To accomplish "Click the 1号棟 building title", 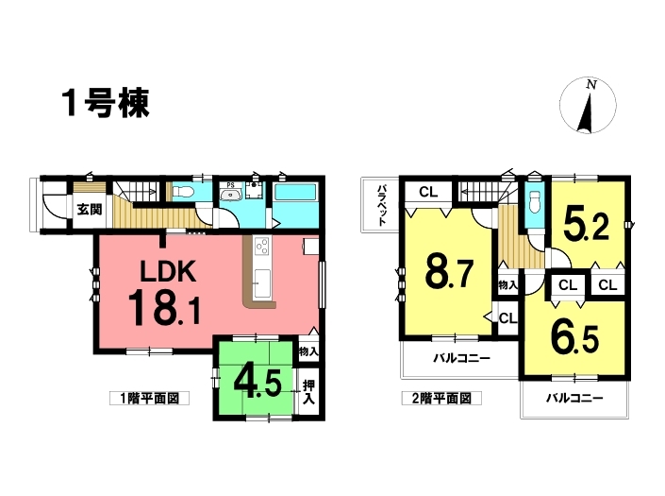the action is click(x=106, y=103).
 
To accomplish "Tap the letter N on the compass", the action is click(x=591, y=85).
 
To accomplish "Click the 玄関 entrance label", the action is click(x=90, y=209).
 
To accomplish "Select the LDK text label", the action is click(x=168, y=271).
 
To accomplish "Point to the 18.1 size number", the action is click(x=164, y=307).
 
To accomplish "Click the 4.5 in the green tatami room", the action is click(x=257, y=384).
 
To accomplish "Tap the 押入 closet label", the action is click(x=308, y=392).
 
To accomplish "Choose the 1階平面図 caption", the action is click(x=149, y=399).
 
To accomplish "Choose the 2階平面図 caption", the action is click(x=441, y=399).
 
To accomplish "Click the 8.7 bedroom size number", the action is click(x=450, y=274).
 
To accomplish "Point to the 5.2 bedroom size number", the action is click(x=587, y=227).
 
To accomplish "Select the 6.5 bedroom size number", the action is click(x=574, y=337).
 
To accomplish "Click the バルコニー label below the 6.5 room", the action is click(x=574, y=399).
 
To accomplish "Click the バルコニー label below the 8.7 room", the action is click(x=462, y=359).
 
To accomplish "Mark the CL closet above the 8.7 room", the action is click(x=428, y=193).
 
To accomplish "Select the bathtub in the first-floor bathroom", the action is click(x=295, y=192).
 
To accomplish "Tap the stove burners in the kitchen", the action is click(x=261, y=246).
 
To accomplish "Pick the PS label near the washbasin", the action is click(x=230, y=185).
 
